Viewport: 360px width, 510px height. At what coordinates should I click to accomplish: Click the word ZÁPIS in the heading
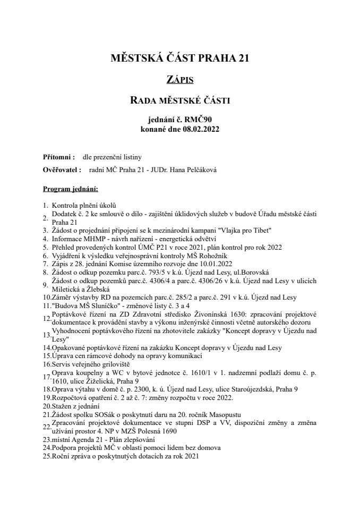pos(180,80)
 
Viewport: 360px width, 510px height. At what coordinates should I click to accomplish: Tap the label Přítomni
pos(58,158)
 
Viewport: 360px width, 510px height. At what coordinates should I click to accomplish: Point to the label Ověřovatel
pos(61,170)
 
